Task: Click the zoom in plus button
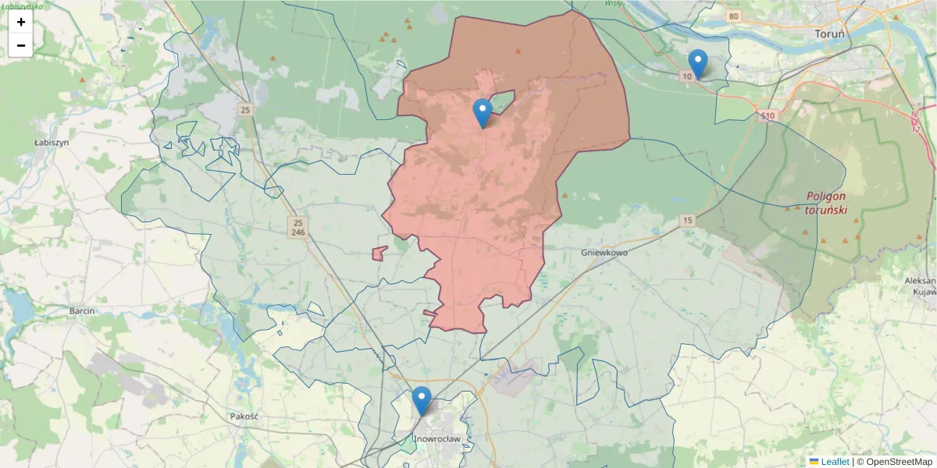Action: tap(21, 22)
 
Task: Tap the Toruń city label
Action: tap(830, 34)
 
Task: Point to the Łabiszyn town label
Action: tap(52, 143)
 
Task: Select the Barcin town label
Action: tap(82, 310)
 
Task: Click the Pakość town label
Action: tap(244, 416)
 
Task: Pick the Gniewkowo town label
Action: tap(605, 253)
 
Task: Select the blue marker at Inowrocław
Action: tap(422, 401)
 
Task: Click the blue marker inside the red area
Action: tap(483, 113)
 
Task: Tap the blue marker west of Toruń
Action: tap(698, 64)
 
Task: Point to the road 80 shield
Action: tap(732, 16)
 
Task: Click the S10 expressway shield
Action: tap(768, 116)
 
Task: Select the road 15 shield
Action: tap(686, 221)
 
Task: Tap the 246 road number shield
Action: tap(297, 232)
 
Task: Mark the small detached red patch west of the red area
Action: tap(379, 253)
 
